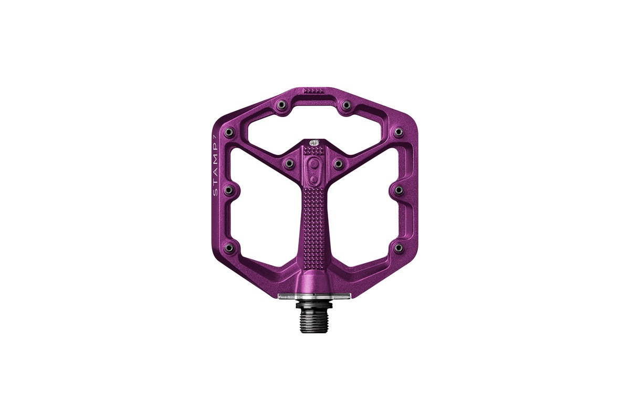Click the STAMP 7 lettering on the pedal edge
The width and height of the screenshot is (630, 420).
click(216, 165)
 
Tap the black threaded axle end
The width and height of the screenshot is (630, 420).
click(314, 317)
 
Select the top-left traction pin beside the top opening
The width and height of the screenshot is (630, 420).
click(281, 105)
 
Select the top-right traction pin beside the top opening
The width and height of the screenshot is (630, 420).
click(346, 105)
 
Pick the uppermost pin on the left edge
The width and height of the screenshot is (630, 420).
click(229, 132)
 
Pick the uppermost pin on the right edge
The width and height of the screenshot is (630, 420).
click(398, 132)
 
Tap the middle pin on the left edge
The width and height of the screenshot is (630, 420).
click(229, 190)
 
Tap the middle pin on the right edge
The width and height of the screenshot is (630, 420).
click(398, 190)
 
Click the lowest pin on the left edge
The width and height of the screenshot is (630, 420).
click(229, 248)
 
